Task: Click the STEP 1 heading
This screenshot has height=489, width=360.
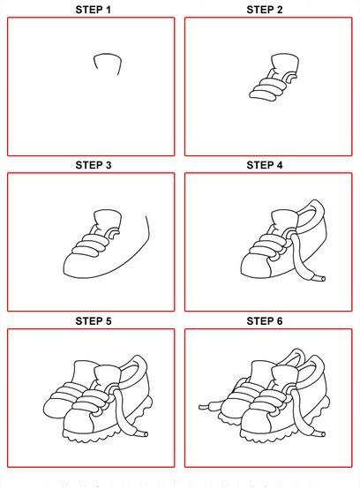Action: tap(93, 10)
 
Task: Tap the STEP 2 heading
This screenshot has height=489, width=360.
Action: tap(265, 10)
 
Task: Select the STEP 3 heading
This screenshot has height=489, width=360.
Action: tap(93, 165)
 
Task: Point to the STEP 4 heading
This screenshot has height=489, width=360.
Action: tap(265, 165)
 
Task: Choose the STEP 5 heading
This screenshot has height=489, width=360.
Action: tap(93, 321)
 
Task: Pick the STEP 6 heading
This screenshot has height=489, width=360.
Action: tap(265, 321)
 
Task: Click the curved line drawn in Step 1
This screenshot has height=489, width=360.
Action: tap(108, 55)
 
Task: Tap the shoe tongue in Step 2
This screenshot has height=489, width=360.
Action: tap(285, 64)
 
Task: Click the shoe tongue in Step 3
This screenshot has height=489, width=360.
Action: tap(108, 220)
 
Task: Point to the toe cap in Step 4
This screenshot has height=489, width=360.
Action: tap(255, 266)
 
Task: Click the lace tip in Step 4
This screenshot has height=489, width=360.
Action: tap(320, 278)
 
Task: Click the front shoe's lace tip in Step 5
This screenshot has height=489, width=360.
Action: tap(143, 433)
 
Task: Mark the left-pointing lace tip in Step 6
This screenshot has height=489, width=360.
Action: tap(204, 407)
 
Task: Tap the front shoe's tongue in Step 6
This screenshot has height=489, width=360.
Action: tap(285, 376)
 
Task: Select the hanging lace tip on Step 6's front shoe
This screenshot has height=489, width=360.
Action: tap(320, 433)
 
